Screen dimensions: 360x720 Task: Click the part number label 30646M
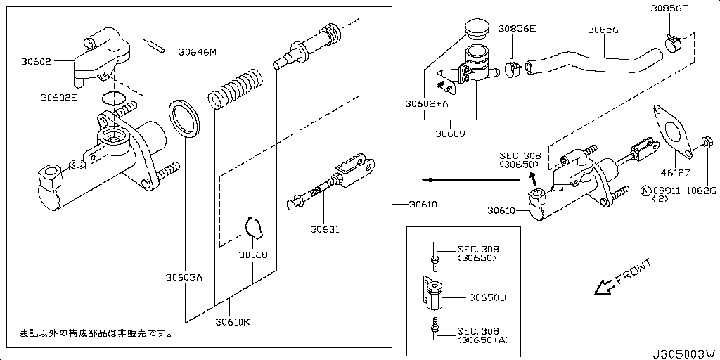(198, 51)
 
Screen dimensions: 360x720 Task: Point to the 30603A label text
(184, 277)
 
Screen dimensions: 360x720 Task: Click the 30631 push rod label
(324, 229)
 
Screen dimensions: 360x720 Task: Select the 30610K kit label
(232, 322)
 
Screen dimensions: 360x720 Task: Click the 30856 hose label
(603, 30)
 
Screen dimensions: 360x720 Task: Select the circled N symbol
(644, 191)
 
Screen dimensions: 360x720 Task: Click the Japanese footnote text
(95, 333)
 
